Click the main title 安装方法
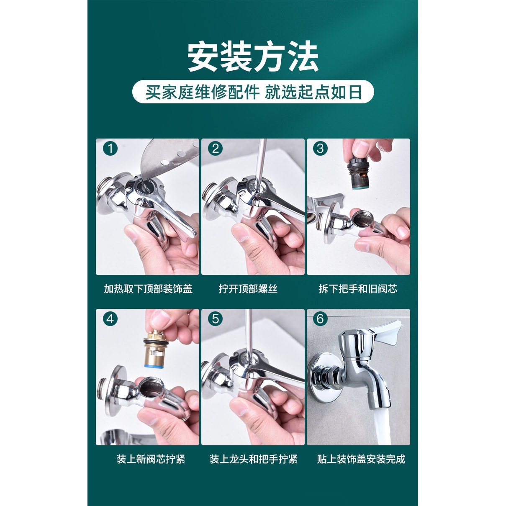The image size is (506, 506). click(x=253, y=57)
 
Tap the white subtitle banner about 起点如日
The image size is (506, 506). click(x=253, y=92)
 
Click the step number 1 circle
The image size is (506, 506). click(x=110, y=148)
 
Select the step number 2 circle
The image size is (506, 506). click(x=216, y=148)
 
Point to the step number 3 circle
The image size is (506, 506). click(x=321, y=148)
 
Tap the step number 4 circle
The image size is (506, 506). click(x=110, y=319)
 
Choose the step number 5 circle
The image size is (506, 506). click(x=216, y=319)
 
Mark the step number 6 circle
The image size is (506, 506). click(x=321, y=319)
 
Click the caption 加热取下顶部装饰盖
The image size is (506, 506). click(x=148, y=289)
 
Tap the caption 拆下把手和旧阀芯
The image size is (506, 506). click(x=358, y=289)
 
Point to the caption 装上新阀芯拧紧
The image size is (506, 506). click(x=151, y=459)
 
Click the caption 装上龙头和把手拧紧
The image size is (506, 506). click(x=253, y=459)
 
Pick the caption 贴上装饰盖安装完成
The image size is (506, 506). click(x=361, y=459)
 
